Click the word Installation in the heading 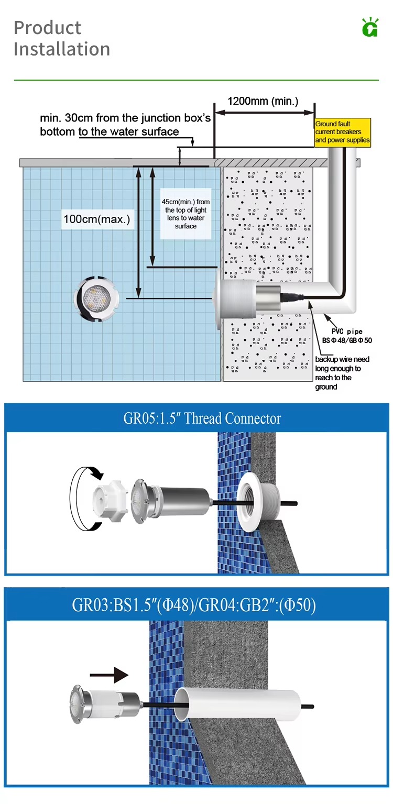tap(62, 49)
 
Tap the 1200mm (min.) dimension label tap(263, 101)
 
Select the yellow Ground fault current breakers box tap(342, 132)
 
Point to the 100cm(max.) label tap(96, 219)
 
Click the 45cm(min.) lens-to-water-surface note tap(185, 214)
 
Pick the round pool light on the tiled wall tap(96, 298)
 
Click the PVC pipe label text tap(347, 336)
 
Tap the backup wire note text tap(342, 373)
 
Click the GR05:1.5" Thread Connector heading tap(202, 418)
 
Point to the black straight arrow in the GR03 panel tap(109, 675)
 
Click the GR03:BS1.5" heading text tap(194, 605)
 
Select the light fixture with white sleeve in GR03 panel tap(106, 703)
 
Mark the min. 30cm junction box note tap(125, 125)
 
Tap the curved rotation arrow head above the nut tap(97, 473)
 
